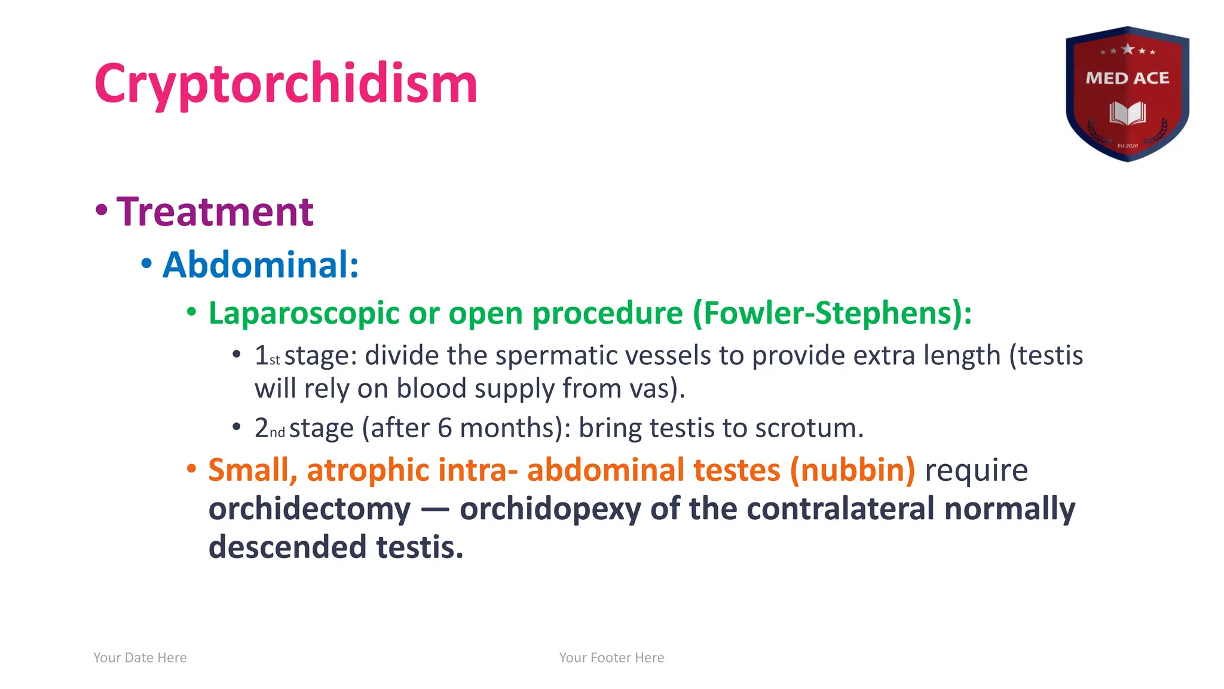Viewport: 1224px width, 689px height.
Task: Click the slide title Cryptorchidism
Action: click(286, 84)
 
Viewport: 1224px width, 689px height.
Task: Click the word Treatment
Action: click(215, 212)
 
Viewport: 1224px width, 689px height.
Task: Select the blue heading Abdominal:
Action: click(261, 264)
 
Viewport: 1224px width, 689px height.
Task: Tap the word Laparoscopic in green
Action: click(304, 313)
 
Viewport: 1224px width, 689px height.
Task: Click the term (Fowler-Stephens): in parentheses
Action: click(832, 313)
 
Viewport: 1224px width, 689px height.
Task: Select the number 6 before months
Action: click(445, 428)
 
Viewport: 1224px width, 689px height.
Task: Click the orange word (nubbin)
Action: click(852, 470)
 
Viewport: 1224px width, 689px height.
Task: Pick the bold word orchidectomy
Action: click(310, 509)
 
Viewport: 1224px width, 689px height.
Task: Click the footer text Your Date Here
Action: click(140, 658)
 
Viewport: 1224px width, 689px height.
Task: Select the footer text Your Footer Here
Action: click(611, 658)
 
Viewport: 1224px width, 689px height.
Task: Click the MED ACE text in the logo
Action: click(1127, 78)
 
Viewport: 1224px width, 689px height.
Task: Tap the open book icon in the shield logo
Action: click(1127, 113)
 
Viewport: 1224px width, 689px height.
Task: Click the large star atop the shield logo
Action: click(1128, 49)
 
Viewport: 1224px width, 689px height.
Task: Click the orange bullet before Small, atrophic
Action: click(191, 468)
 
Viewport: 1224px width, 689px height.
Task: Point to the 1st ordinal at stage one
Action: click(267, 356)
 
